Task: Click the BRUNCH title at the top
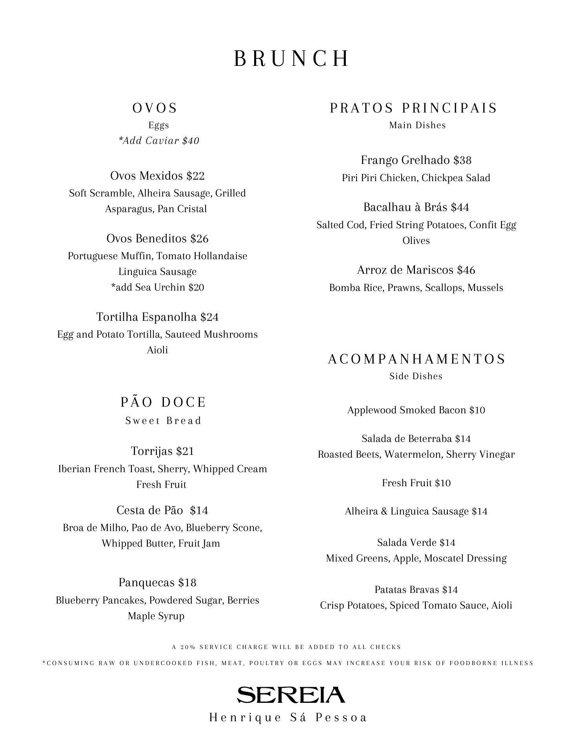pos(291,59)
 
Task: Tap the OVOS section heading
pos(155,108)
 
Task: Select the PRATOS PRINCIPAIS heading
pos(414,108)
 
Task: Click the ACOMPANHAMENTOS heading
pos(416,359)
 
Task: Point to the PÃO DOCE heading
pos(163,402)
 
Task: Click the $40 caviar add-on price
pos(191,141)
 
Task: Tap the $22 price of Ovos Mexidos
pos(195,176)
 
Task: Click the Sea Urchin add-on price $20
pos(196,287)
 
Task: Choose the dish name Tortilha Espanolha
pos(147,317)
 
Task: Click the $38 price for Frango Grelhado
pos(462,160)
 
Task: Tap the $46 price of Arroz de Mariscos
pos(466,270)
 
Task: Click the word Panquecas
pos(147,583)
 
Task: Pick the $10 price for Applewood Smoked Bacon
pos(477,410)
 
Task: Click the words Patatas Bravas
pos(407,590)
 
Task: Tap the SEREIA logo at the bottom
pos(291,695)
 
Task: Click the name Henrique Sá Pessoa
pos(288,718)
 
